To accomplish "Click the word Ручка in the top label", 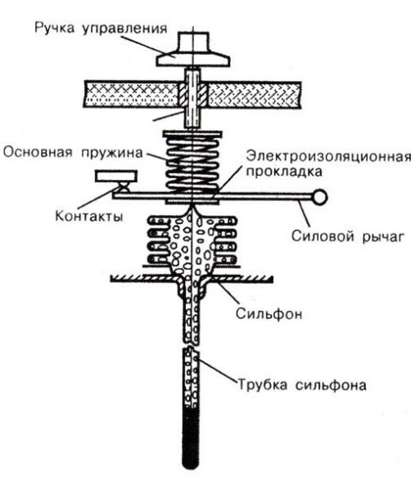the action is [x=54, y=28].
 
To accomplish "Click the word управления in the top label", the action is [x=124, y=29].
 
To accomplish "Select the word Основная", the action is [x=38, y=153].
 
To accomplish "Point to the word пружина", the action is [x=112, y=153].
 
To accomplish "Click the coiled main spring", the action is [x=192, y=163].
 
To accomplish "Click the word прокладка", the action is [x=284, y=172].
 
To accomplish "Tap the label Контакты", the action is [x=89, y=216].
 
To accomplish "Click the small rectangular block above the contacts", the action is [x=116, y=177].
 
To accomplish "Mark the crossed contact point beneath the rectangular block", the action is [x=124, y=187].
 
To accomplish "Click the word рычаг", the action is [x=383, y=237].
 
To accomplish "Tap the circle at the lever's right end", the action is [x=319, y=197].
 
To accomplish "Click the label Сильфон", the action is [x=269, y=314].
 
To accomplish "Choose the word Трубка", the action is [x=263, y=385].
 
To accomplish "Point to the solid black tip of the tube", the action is [x=191, y=438].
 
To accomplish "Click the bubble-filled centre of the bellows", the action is [x=192, y=244].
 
